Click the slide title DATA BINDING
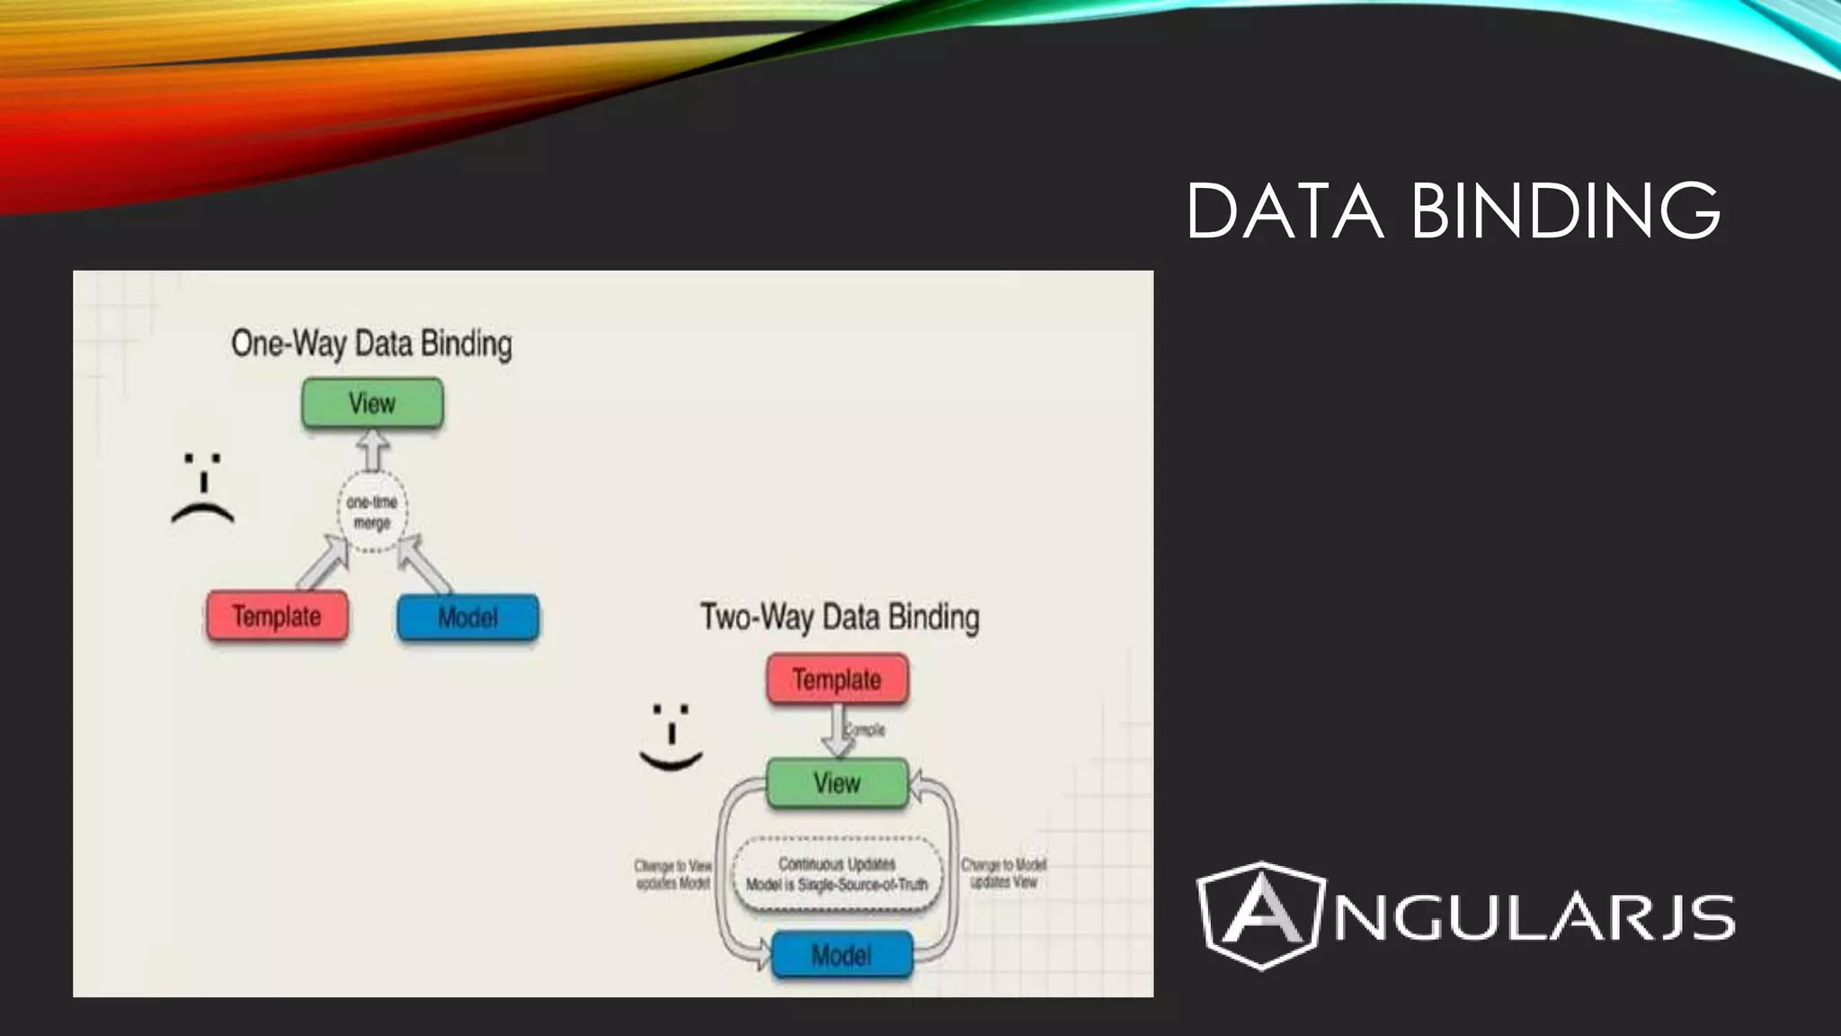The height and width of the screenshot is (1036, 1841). [x=1453, y=210]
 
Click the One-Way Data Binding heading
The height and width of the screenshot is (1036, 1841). [x=371, y=344]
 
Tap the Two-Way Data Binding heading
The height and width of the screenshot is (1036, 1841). [x=840, y=618]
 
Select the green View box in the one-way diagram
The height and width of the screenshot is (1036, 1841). [x=372, y=403]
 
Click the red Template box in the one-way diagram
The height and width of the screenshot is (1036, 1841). [x=277, y=617]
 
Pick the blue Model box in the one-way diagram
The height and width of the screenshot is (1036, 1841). [x=467, y=618]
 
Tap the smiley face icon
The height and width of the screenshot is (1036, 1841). [x=671, y=737]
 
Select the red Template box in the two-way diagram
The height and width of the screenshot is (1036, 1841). [x=837, y=680]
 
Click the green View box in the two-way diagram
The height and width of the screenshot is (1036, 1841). [x=837, y=783]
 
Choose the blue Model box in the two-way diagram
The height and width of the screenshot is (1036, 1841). [x=841, y=955]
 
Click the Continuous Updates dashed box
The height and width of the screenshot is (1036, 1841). [x=837, y=875]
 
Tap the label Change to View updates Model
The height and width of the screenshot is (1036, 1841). [x=673, y=874]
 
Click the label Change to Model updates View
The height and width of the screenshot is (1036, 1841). [x=1003, y=873]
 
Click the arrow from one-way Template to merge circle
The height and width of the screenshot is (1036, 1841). [x=322, y=563]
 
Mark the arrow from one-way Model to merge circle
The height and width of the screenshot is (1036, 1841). [x=422, y=563]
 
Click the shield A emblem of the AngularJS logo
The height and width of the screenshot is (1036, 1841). [x=1260, y=915]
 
